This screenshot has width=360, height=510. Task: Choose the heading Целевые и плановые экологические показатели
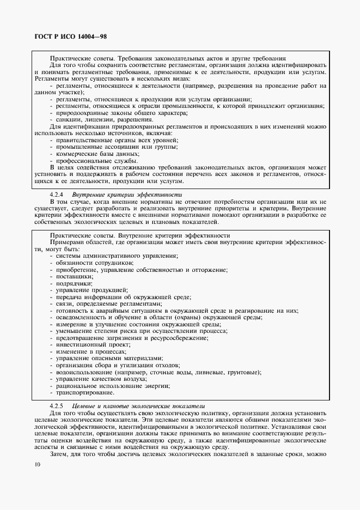pos(138,406)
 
